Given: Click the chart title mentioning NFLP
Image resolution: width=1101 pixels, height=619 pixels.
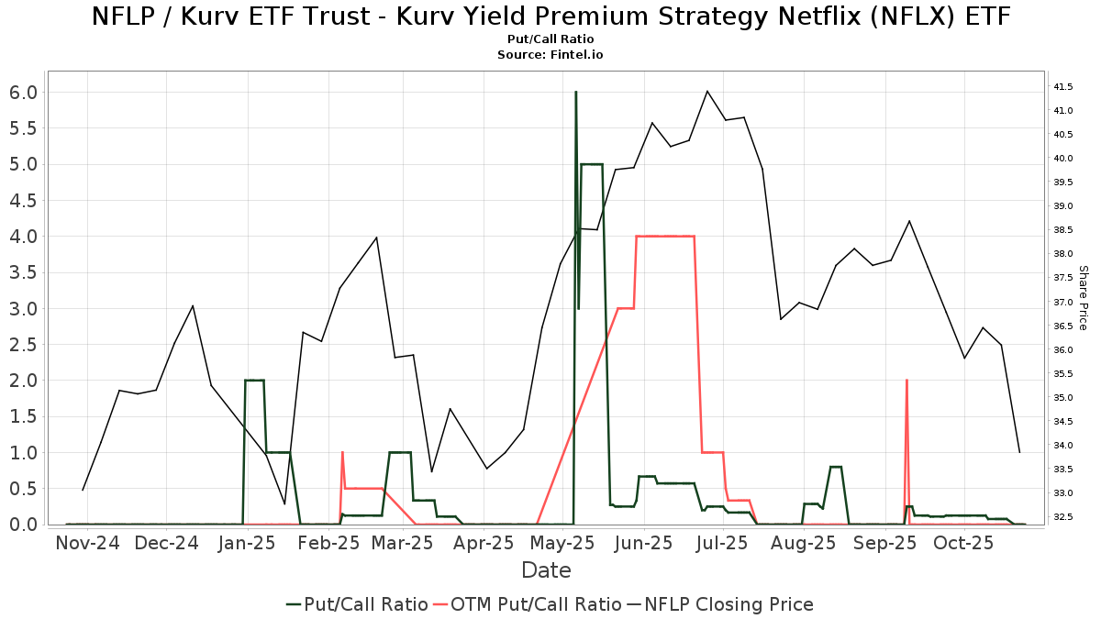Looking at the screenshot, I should pos(550,17).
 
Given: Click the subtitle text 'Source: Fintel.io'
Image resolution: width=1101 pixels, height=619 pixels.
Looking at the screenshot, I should pos(550,55).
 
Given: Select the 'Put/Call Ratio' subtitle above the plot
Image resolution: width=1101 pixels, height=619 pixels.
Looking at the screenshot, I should pos(550,39).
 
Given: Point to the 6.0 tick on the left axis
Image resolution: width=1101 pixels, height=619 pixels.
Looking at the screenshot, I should pos(24,92).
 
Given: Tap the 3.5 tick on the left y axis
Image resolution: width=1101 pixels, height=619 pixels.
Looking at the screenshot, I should pos(24,272).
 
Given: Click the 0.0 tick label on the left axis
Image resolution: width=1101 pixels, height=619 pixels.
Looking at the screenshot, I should pos(24,525).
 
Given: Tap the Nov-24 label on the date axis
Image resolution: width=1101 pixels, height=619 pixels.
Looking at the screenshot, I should pos(87,543).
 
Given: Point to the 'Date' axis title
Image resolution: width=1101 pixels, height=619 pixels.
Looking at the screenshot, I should pos(546,570).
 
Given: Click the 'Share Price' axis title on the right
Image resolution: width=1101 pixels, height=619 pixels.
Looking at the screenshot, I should pos(1083,297).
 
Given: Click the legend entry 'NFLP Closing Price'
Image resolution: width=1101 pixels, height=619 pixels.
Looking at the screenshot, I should pos(728,604).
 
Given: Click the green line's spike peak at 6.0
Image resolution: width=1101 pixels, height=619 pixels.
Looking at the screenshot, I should pos(575,93).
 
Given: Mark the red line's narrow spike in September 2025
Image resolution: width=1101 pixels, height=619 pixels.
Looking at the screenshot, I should pos(906,381).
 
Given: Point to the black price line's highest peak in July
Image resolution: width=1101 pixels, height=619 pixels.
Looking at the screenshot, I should pos(707,91).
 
